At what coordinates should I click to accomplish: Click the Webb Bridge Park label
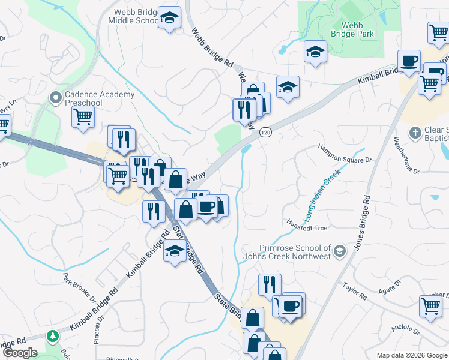coord(357,29)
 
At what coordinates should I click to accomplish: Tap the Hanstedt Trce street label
coord(307,224)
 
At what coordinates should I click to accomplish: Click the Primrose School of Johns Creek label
coord(295,252)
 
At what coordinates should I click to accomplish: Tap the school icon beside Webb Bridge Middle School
coord(170,18)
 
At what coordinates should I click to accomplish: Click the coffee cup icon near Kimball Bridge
coord(409,62)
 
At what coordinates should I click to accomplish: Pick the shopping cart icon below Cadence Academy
coord(83,116)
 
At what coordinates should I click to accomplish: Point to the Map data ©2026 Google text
coord(411,355)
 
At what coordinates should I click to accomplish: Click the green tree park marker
coord(53,335)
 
